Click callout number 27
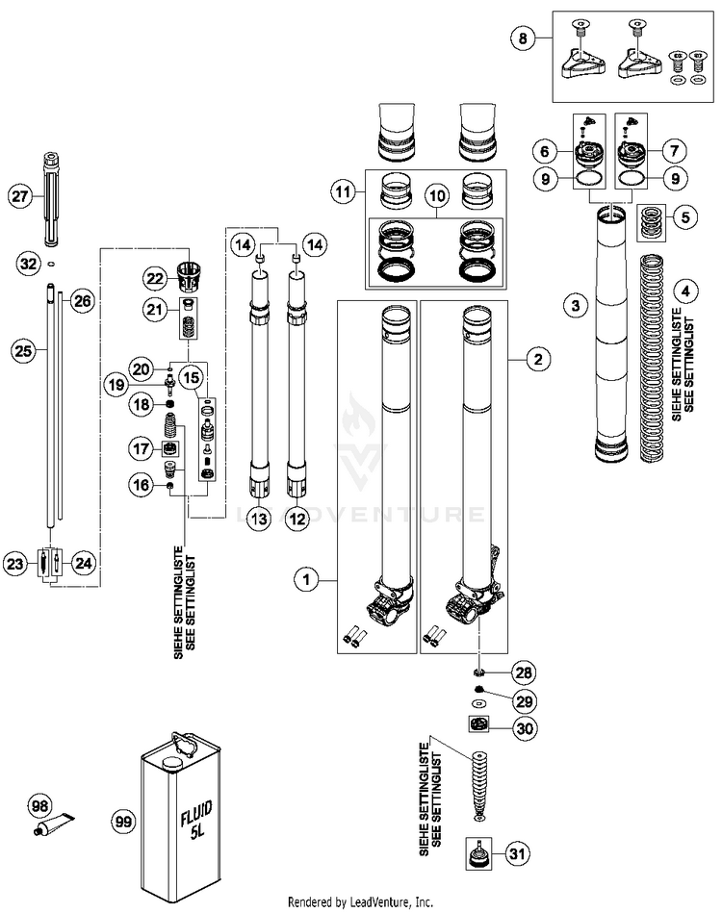tap(18, 195)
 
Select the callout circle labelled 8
tap(524, 39)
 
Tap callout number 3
tap(574, 306)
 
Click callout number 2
tap(537, 360)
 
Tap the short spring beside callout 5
tap(653, 218)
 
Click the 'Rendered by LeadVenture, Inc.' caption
tap(361, 902)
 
